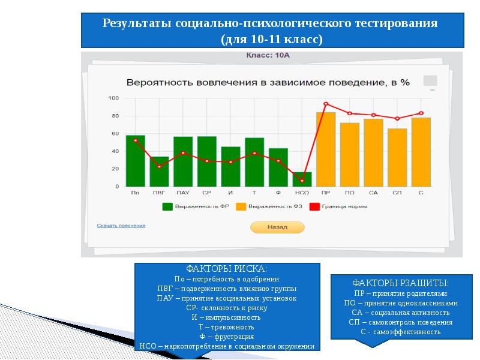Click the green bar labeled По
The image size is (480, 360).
click(x=135, y=161)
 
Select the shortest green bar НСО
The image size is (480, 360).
click(x=302, y=179)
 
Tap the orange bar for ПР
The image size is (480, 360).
click(x=326, y=149)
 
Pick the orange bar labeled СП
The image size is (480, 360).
click(x=397, y=157)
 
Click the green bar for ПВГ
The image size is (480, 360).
click(x=159, y=172)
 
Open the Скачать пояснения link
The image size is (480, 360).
click(x=121, y=226)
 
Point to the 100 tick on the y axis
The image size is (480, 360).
click(x=113, y=98)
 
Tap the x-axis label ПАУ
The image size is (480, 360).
click(x=182, y=193)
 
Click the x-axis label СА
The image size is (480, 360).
click(x=373, y=193)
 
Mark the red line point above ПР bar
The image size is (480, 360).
click(x=326, y=104)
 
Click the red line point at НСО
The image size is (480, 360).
click(x=302, y=181)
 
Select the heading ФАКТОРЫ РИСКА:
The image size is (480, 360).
click(x=227, y=269)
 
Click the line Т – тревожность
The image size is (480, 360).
click(x=227, y=327)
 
